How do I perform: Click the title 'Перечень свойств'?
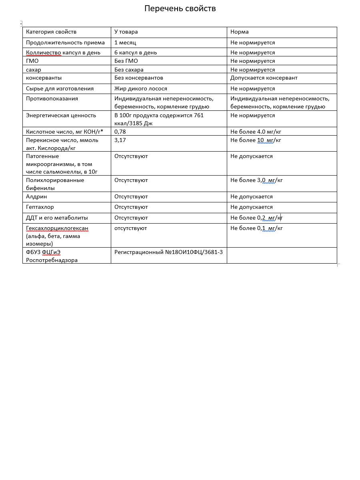pyautogui.click(x=180, y=8)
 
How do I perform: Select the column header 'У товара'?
pyautogui.click(x=126, y=32)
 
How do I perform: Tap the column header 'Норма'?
pyautogui.click(x=239, y=32)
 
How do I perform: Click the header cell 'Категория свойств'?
pyautogui.click(x=51, y=32)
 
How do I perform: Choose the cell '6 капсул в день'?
pyautogui.click(x=136, y=52)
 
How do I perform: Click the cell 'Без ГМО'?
pyautogui.click(x=126, y=61)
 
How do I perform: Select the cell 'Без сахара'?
pyautogui.click(x=129, y=70)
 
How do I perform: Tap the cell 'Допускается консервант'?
pyautogui.click(x=264, y=78)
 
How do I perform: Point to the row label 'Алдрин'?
pyautogui.click(x=36, y=196)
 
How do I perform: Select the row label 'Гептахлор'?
pyautogui.click(x=40, y=207)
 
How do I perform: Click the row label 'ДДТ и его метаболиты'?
pyautogui.click(x=57, y=218)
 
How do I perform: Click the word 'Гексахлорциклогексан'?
pyautogui.click(x=57, y=228)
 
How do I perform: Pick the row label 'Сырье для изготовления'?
pyautogui.click(x=60, y=88)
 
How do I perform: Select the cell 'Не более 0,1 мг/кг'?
pyautogui.click(x=256, y=228)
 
